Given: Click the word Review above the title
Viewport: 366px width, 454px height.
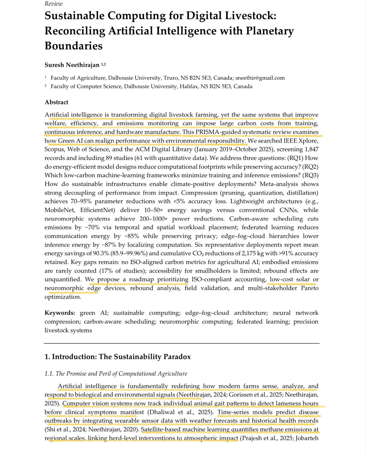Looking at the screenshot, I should pyautogui.click(x=54, y=4).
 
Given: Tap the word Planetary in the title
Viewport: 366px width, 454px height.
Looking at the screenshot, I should pyautogui.click(x=270, y=31).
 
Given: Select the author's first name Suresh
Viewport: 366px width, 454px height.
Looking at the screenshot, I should pyautogui.click(x=54, y=65).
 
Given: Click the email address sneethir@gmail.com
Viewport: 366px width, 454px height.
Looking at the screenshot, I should pyautogui.click(x=260, y=78).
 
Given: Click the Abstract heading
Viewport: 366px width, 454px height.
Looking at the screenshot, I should pyautogui.click(x=56, y=102).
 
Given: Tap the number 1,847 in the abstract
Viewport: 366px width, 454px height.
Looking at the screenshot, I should pyautogui.click(x=311, y=149).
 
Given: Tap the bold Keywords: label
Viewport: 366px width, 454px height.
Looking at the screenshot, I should pyautogui.click(x=60, y=313).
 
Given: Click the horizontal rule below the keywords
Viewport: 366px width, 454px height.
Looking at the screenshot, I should pyautogui.click(x=182, y=343).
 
